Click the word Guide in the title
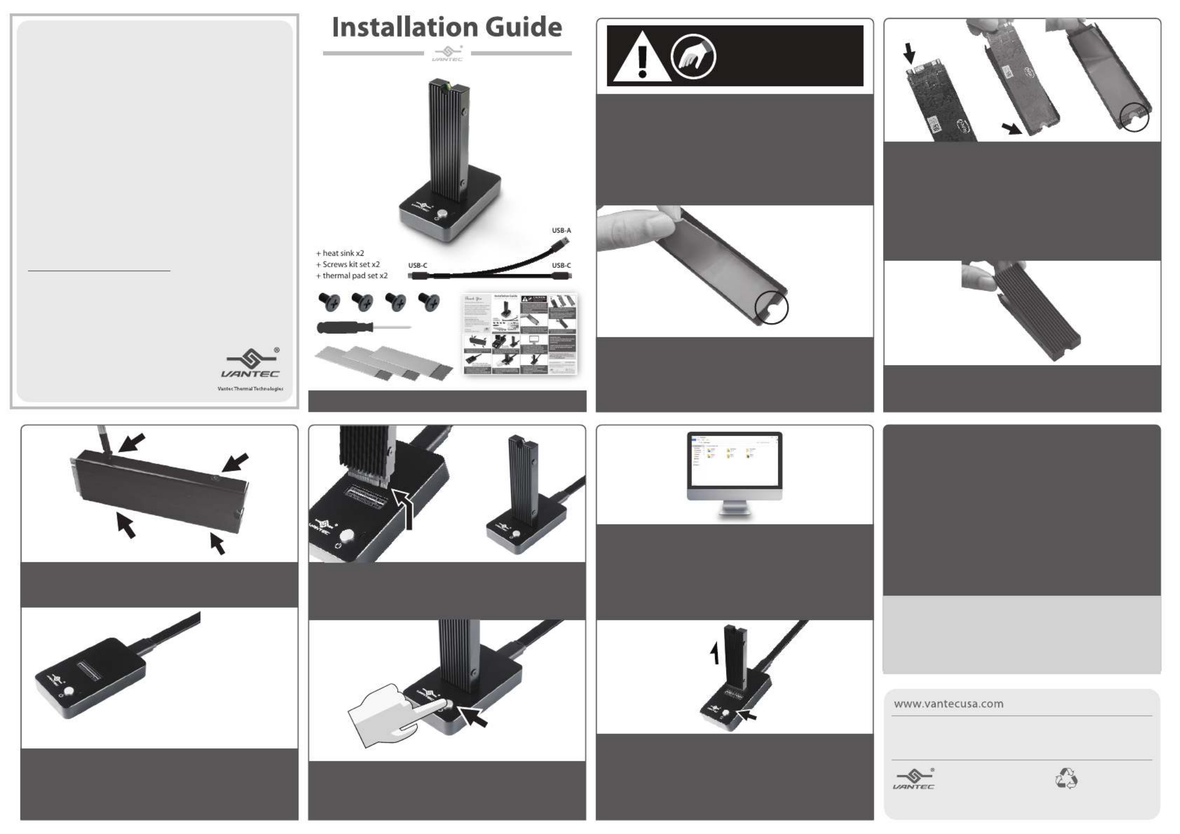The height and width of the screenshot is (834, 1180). point(523,27)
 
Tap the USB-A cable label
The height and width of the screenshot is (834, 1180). point(561,231)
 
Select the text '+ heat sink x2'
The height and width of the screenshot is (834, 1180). point(340,253)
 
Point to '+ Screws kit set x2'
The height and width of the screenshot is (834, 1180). point(348,264)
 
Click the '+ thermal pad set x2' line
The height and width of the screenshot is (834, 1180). point(352,276)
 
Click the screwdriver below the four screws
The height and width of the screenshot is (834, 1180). point(363,328)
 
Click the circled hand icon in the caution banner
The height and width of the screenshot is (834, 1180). point(693,57)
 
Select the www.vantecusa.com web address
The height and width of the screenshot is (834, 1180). point(948,704)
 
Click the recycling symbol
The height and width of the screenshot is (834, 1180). point(1066,778)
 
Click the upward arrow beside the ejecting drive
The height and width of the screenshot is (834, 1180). point(714,654)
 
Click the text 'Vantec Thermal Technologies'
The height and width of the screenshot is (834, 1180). point(250,389)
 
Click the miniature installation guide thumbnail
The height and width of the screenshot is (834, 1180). point(520,334)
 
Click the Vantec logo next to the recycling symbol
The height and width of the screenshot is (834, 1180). point(914,779)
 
